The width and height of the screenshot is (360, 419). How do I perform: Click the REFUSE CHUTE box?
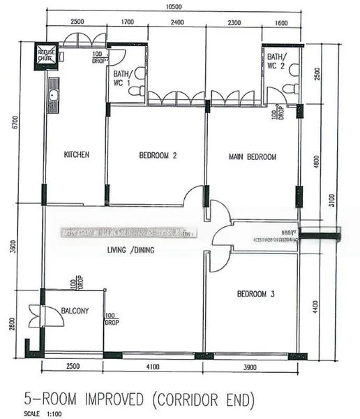click(47, 55)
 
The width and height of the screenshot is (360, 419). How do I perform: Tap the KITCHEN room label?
click(76, 155)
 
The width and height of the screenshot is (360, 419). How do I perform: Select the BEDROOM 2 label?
click(157, 156)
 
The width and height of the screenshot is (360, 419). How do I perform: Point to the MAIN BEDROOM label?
click(252, 157)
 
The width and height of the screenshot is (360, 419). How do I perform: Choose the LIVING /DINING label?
click(130, 250)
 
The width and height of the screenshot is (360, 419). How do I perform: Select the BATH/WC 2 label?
click(276, 61)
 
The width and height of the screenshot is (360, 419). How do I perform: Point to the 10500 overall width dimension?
click(174, 7)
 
